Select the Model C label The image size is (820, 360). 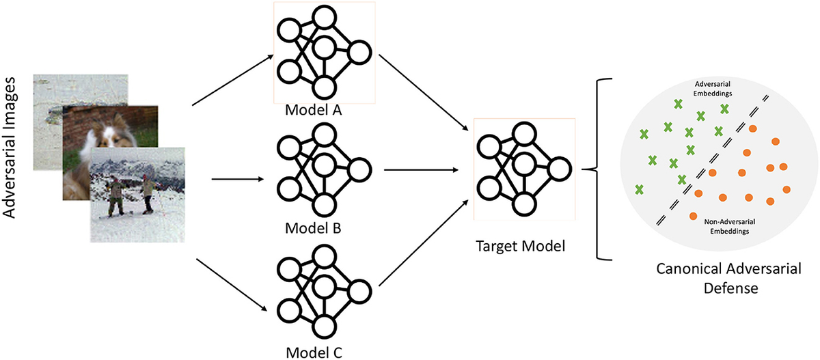tap(314, 351)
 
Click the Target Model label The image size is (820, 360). tap(520, 245)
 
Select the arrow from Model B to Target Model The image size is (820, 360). tap(424, 169)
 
